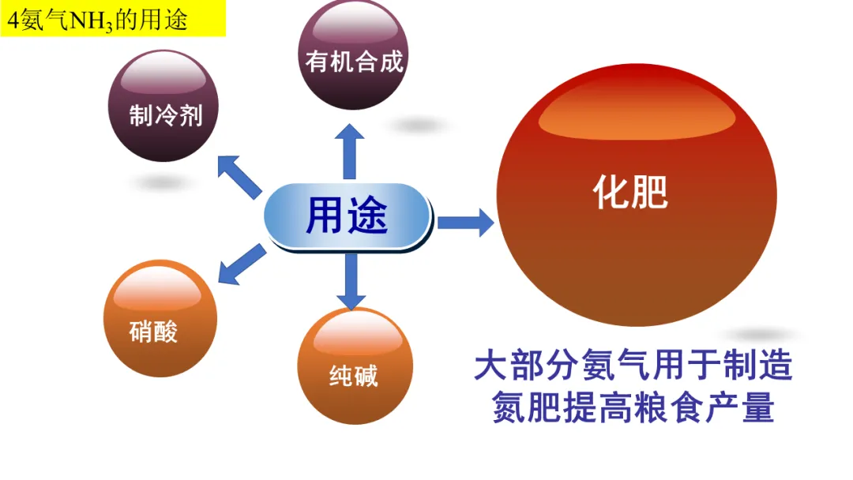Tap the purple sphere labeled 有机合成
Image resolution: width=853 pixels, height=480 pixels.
pos(354,55)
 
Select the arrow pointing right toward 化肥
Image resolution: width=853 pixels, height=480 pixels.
pos(465,223)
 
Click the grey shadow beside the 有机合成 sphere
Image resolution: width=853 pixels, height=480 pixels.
pos(419,125)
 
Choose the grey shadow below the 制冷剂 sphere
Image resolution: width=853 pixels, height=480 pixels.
pos(158,182)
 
